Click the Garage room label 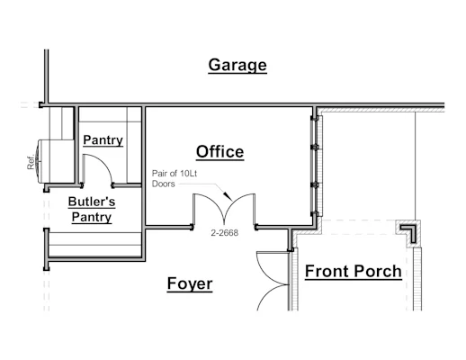(237, 66)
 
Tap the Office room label (220, 152)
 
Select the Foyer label (190, 283)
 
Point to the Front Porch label (354, 271)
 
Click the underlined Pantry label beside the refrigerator (103, 140)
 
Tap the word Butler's (92, 202)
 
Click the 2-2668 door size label (225, 233)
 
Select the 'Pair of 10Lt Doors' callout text (175, 178)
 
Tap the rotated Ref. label (31, 163)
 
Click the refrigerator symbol (55, 161)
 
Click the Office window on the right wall (316, 166)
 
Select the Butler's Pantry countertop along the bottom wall (95, 244)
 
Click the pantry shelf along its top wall (110, 114)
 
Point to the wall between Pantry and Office (144, 166)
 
